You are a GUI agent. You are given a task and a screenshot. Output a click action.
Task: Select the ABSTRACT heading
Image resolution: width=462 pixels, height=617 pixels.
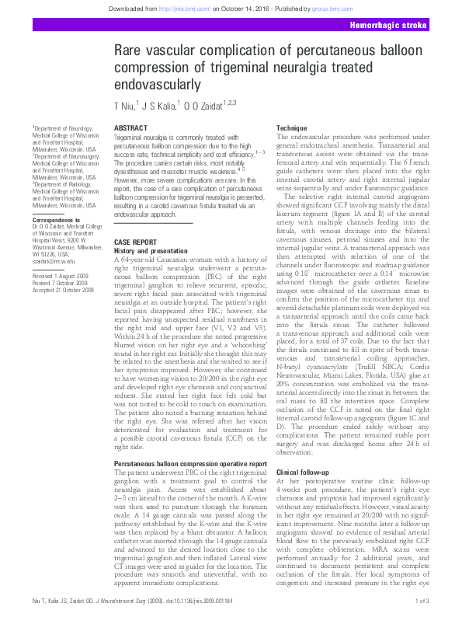(x=130, y=127)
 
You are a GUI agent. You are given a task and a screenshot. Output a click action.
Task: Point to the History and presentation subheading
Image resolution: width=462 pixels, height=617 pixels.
(x=151, y=251)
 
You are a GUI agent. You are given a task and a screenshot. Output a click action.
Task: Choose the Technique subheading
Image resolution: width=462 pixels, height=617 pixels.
(x=292, y=127)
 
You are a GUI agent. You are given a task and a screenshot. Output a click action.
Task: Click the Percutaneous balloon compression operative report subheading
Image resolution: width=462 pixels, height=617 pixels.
(x=190, y=463)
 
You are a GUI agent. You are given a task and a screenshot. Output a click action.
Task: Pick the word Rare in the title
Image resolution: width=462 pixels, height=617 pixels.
(x=128, y=50)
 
